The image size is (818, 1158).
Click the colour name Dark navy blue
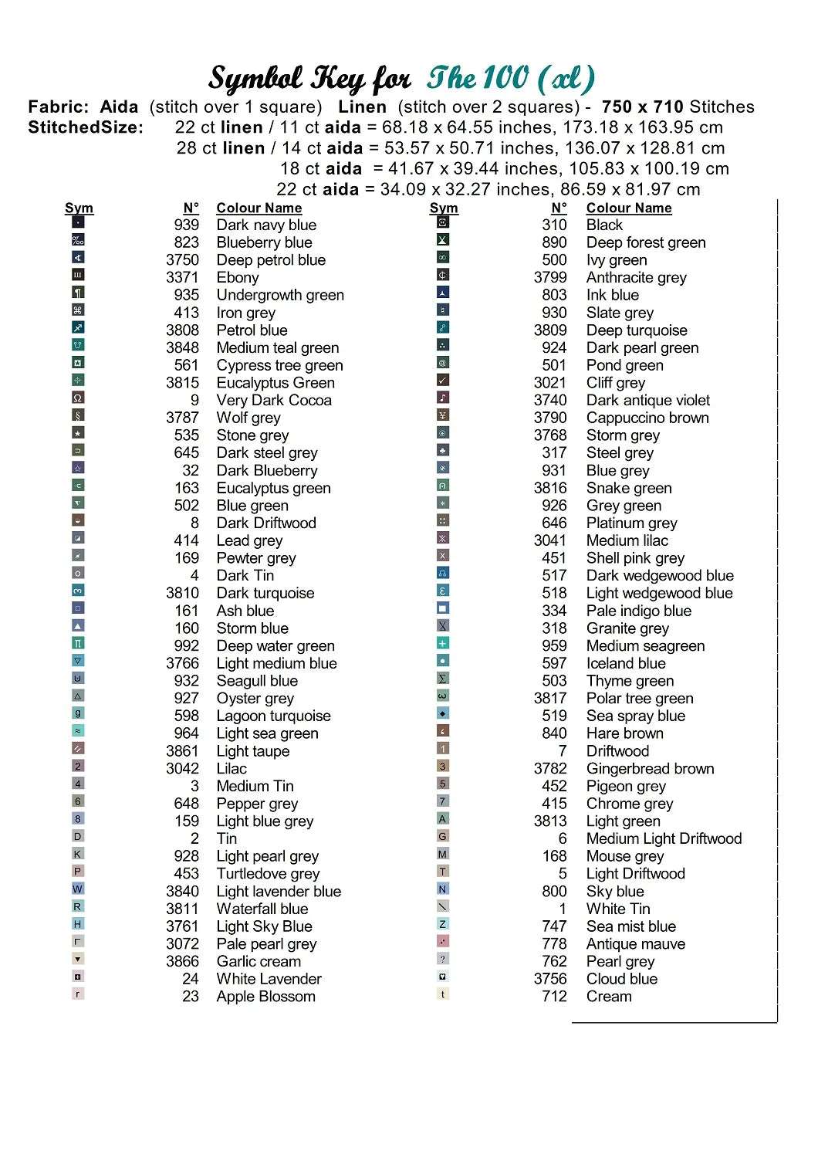point(266,225)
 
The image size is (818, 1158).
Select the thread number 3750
point(182,260)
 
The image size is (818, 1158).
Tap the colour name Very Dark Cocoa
point(274,401)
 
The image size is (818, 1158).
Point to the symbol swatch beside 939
point(78,222)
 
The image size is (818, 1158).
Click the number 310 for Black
point(554,225)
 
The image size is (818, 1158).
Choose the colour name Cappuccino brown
point(647,418)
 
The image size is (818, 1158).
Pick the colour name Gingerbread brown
point(651,769)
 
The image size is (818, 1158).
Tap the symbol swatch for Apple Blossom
point(78,994)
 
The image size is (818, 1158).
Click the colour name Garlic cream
point(259,962)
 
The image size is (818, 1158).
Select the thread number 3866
point(182,962)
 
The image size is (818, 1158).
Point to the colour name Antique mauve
point(636,944)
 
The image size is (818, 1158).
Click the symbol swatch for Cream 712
point(443,994)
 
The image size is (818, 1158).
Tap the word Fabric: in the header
point(58,107)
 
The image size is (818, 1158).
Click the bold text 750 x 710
point(643,107)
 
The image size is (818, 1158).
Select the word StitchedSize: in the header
point(86,128)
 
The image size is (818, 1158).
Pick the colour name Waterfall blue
point(262,909)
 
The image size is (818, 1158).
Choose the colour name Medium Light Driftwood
point(664,839)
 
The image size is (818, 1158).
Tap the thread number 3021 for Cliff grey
point(550,383)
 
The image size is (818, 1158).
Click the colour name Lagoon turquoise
point(273,716)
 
